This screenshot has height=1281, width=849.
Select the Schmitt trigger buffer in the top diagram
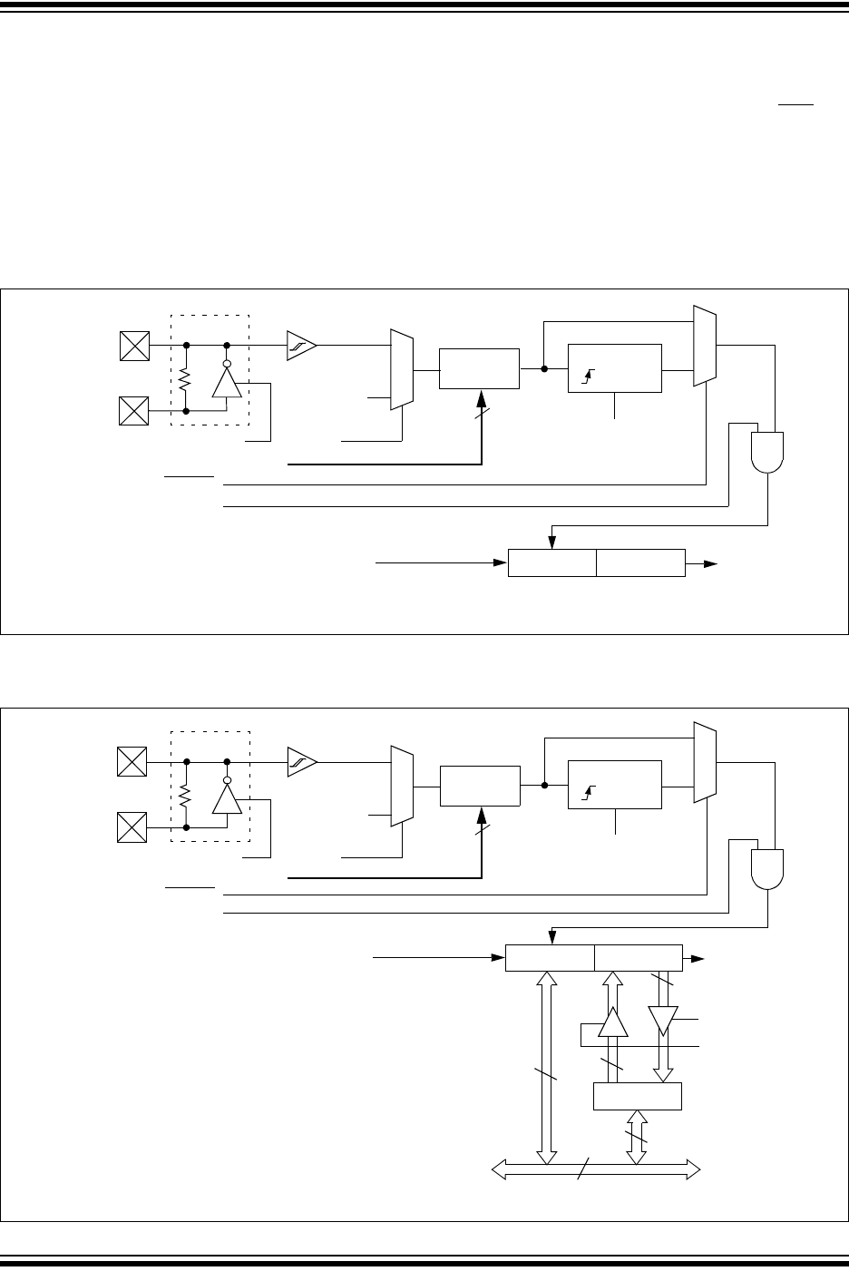[302, 345]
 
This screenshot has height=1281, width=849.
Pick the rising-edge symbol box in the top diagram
[614, 368]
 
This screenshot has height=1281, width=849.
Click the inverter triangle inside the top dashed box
[226, 383]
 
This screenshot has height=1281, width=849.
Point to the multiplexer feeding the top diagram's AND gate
[705, 346]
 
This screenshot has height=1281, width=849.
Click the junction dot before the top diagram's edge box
[543, 368]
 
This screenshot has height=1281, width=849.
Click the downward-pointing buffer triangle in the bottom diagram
[663, 1021]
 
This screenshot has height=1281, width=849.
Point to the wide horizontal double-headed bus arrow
[596, 1170]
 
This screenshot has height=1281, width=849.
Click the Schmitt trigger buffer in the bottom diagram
[302, 762]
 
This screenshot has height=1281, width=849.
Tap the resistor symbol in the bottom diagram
[185, 796]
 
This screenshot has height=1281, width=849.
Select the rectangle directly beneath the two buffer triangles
[637, 1095]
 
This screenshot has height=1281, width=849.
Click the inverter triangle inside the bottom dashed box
[226, 799]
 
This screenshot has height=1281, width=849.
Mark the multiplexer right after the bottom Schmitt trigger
[401, 787]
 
